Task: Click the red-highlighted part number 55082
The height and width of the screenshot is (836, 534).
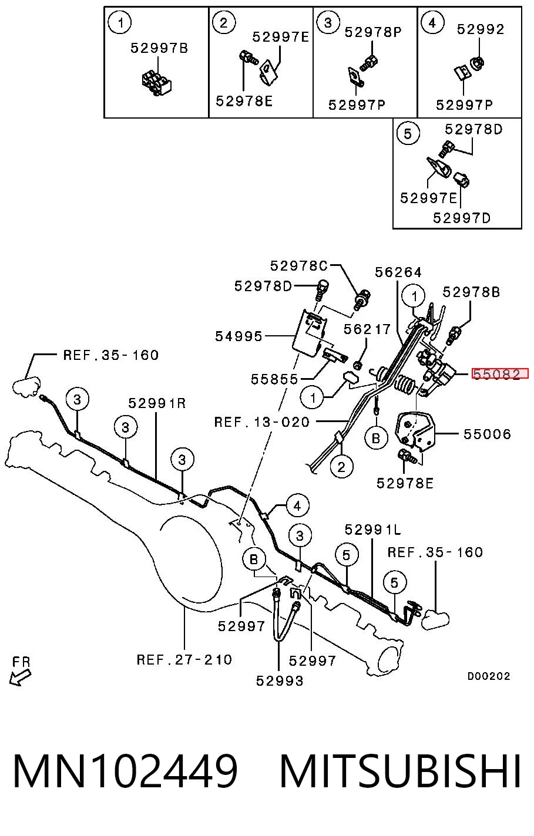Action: pyautogui.click(x=500, y=373)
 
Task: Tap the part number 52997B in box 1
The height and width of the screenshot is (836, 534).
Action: pyautogui.click(x=159, y=48)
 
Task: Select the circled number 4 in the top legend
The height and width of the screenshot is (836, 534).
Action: pyautogui.click(x=432, y=23)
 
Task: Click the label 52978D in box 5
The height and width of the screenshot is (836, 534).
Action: pyautogui.click(x=474, y=130)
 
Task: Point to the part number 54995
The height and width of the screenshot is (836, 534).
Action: pyautogui.click(x=239, y=336)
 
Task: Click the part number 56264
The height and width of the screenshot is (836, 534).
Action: pyautogui.click(x=398, y=272)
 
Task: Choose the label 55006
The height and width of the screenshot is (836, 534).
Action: pyautogui.click(x=487, y=434)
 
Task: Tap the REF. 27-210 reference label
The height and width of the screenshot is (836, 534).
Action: pyautogui.click(x=184, y=659)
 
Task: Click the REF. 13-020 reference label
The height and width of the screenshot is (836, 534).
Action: pyautogui.click(x=262, y=422)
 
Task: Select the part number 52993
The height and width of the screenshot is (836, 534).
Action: pyautogui.click(x=280, y=681)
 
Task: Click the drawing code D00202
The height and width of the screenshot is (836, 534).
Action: pyautogui.click(x=489, y=676)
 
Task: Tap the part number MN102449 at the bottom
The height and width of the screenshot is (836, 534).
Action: pyautogui.click(x=125, y=771)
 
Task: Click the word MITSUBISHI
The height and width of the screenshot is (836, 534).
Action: pyautogui.click(x=400, y=771)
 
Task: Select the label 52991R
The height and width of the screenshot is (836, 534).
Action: pyautogui.click(x=157, y=403)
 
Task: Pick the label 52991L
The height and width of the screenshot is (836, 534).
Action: pyautogui.click(x=372, y=530)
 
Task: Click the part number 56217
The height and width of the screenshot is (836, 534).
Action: pyautogui.click(x=367, y=329)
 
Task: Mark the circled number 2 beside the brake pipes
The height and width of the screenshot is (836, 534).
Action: pyautogui.click(x=341, y=467)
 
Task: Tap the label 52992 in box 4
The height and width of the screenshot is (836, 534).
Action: pyautogui.click(x=481, y=29)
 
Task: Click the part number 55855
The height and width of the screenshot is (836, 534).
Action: pyautogui.click(x=274, y=379)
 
